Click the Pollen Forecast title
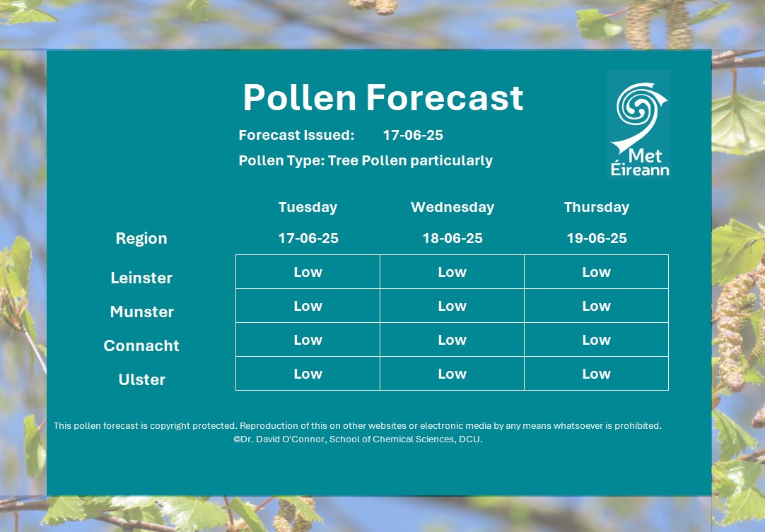tap(382, 97)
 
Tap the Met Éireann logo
tap(638, 124)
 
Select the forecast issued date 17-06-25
tap(413, 135)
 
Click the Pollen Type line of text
tap(366, 160)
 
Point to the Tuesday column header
tap(308, 207)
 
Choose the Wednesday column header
tap(452, 207)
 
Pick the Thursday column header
tap(596, 207)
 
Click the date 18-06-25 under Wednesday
tap(452, 238)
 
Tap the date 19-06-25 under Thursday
tap(596, 238)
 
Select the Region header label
tap(141, 238)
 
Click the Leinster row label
tap(141, 278)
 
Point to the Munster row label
tap(141, 312)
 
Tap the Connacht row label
tap(141, 345)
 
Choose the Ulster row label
tap(141, 379)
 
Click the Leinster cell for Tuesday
tap(308, 272)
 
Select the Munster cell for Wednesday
tap(452, 306)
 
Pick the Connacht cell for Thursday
tap(596, 340)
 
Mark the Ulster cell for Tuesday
tap(308, 374)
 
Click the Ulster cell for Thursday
tap(596, 374)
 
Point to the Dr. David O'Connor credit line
tap(358, 439)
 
